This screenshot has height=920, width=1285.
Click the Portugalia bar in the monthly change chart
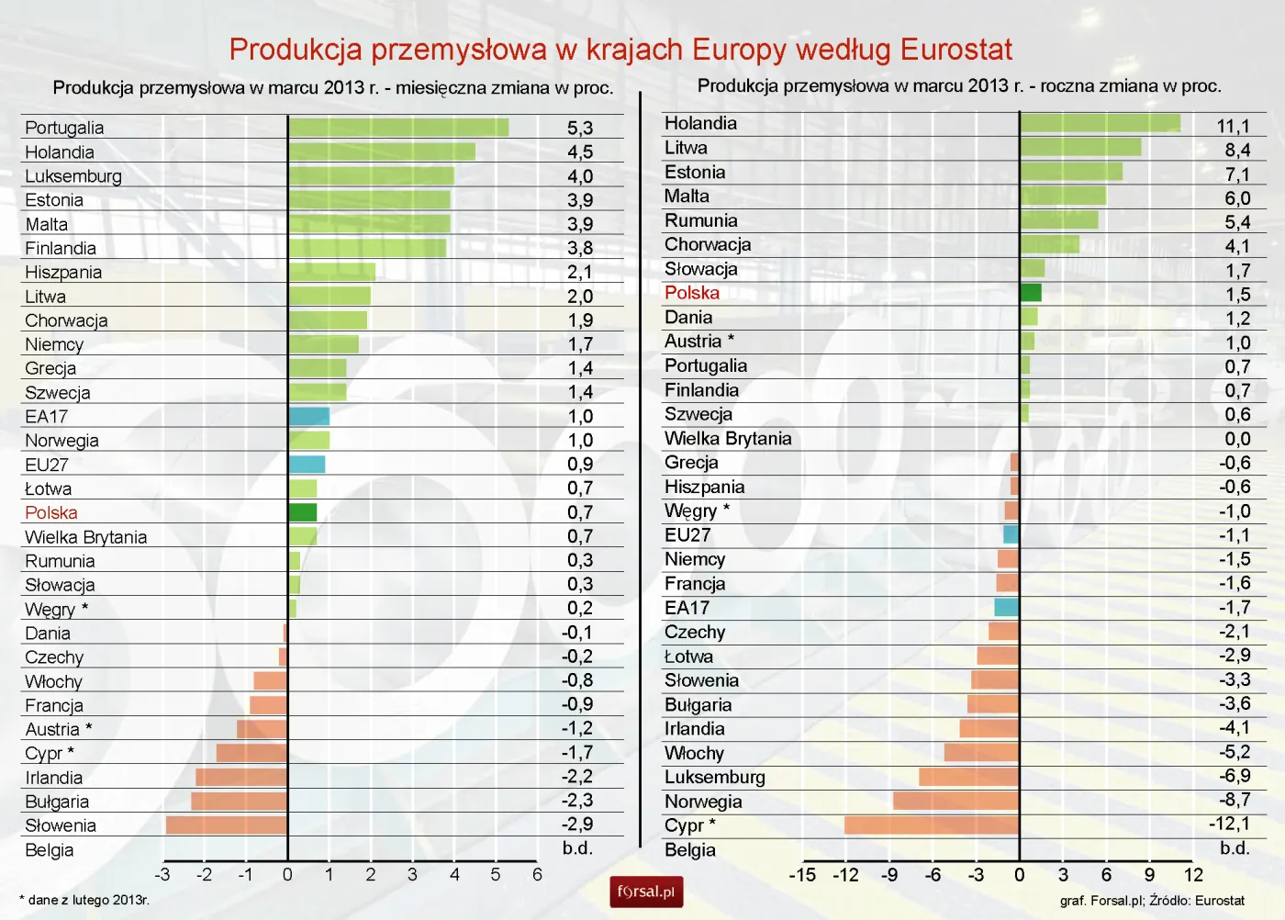click(397, 128)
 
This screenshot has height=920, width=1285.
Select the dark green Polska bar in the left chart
click(302, 512)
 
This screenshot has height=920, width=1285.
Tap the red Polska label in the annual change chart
click(691, 293)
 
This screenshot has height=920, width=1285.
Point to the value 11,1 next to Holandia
click(1233, 126)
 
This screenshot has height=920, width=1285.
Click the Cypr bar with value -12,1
click(931, 825)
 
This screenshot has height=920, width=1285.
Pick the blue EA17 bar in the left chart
click(308, 416)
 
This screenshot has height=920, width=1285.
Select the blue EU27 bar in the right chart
click(1011, 534)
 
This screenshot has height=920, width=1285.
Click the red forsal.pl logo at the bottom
click(646, 892)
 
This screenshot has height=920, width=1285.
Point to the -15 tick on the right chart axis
click(802, 875)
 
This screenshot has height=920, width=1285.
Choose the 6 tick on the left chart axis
click(537, 875)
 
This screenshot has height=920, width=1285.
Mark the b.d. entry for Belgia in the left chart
click(577, 848)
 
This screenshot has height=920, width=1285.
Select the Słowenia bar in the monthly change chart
click(226, 825)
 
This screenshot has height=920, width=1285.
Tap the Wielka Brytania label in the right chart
click(727, 438)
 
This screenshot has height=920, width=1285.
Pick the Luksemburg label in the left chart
click(73, 176)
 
